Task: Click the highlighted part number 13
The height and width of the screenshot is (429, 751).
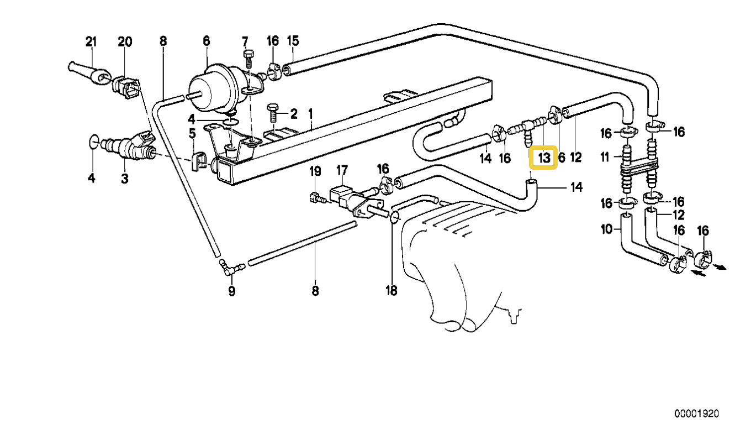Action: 544,158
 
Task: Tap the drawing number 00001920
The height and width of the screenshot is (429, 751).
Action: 697,413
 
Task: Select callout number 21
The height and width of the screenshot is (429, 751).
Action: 91,42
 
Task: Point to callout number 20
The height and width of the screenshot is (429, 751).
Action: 125,42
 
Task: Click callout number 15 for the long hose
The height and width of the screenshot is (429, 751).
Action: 293,40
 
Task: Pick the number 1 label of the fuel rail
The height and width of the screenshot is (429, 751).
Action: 310,114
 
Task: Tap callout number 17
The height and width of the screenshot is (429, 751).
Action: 342,170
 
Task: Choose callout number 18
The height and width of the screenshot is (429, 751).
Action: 392,290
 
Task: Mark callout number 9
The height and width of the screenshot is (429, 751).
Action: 232,291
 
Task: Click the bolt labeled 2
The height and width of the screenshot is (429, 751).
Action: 272,114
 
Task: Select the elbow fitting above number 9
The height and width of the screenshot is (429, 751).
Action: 231,268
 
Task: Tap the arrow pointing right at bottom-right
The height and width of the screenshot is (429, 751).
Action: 719,267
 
